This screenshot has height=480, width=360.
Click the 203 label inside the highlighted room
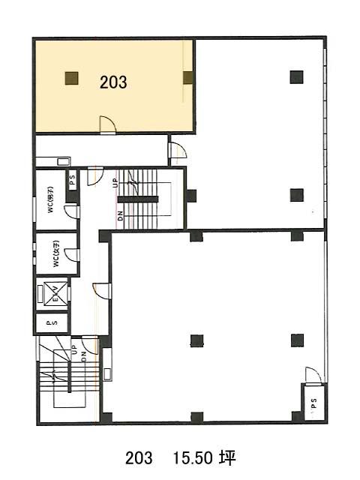pyautogui.click(x=113, y=82)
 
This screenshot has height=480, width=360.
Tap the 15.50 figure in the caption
pyautogui.click(x=193, y=458)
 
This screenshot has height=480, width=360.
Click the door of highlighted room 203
pyautogui.click(x=108, y=125)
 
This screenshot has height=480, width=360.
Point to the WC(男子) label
pyautogui.click(x=50, y=199)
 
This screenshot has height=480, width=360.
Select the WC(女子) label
pyautogui.click(x=56, y=253)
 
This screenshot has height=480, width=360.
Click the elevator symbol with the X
pyautogui.click(x=55, y=294)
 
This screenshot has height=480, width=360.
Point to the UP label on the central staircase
pyautogui.click(x=115, y=184)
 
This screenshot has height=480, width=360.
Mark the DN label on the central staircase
pyautogui.click(x=120, y=216)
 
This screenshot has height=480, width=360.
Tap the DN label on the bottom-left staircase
pyautogui.click(x=84, y=357)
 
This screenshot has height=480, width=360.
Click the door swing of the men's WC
pyautogui.click(x=72, y=211)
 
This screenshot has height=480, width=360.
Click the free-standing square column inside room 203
pyautogui.click(x=72, y=78)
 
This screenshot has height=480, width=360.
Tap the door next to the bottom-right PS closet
pyautogui.click(x=313, y=375)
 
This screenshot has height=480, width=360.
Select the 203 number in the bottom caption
pyautogui.click(x=139, y=458)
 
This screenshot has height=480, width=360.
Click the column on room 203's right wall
pyautogui.click(x=187, y=78)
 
